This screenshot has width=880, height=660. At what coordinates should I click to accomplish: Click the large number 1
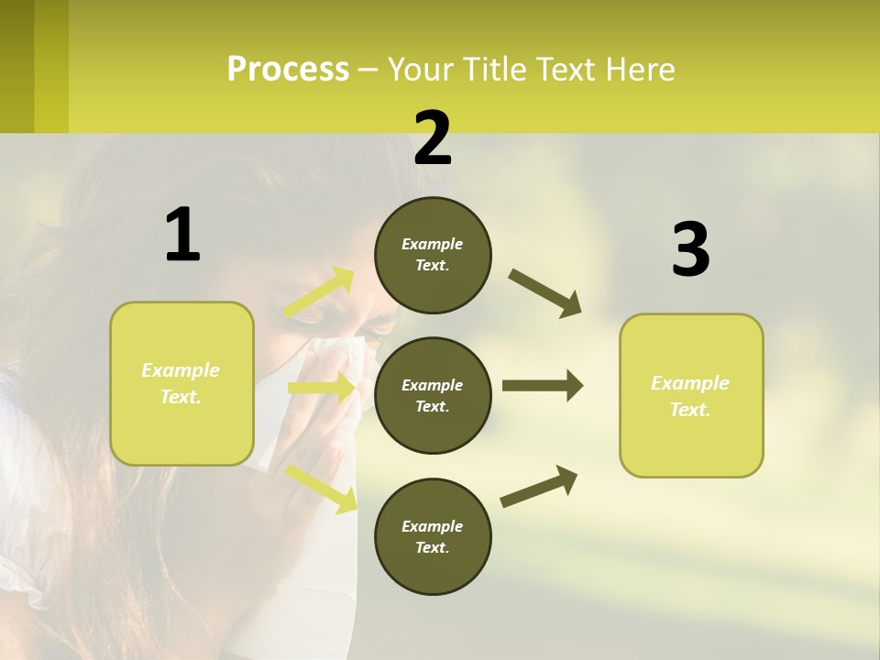click(x=182, y=236)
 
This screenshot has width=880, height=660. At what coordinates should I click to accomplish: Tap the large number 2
click(x=433, y=138)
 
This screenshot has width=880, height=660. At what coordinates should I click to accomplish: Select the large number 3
click(x=691, y=249)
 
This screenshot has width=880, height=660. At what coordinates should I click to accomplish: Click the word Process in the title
click(x=288, y=69)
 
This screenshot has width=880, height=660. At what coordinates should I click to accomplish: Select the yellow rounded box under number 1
click(x=181, y=383)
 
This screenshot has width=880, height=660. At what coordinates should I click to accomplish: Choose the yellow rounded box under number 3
click(x=691, y=395)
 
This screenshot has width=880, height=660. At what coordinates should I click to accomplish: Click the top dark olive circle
click(x=433, y=255)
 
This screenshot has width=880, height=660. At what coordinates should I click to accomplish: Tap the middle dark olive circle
click(x=433, y=395)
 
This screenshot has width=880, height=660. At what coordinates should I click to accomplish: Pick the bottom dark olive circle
click(x=433, y=536)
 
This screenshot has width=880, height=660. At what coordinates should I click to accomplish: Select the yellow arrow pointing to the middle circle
click(x=321, y=388)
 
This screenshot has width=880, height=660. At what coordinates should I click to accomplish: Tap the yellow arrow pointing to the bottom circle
click(x=322, y=488)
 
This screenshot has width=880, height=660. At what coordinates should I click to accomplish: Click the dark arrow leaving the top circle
click(x=544, y=292)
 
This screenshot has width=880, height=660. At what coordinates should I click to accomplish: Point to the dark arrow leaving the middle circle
click(x=542, y=386)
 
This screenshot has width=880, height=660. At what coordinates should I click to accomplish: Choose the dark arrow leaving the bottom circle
click(x=539, y=486)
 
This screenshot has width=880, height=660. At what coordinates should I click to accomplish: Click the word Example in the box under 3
click(x=690, y=383)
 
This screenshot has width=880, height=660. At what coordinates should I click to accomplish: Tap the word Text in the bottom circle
click(x=431, y=547)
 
